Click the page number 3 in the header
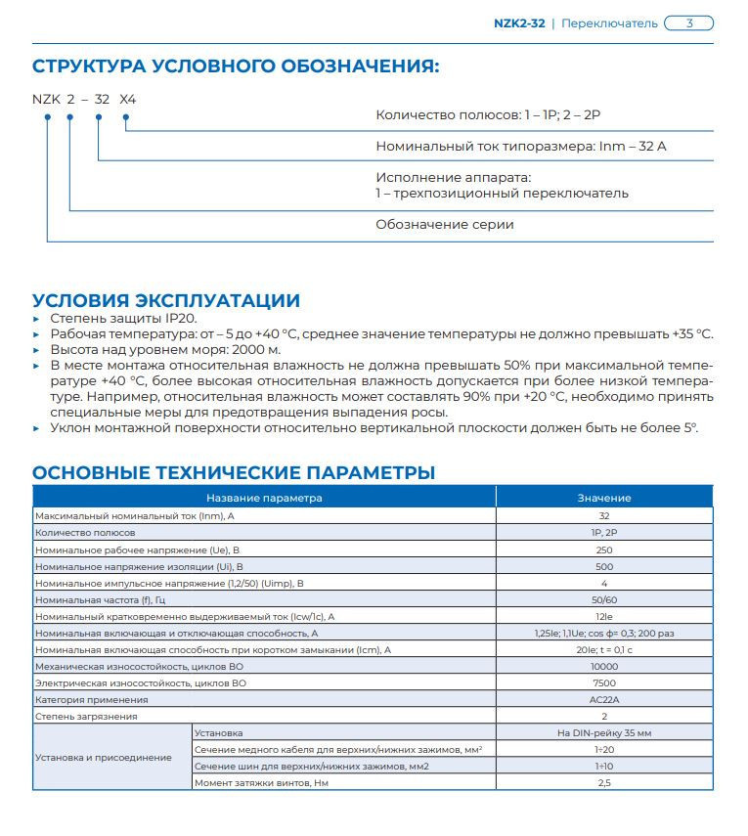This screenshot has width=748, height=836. coord(688,23)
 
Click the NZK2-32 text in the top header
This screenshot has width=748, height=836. coord(519,23)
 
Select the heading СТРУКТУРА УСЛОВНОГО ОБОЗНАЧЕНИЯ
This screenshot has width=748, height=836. coord(236,66)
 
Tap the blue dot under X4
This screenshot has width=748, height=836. coord(125,118)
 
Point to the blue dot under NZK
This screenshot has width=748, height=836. coord(47,118)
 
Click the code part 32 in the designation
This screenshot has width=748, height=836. coord(102,100)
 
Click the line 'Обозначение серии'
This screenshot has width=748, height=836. coord(445,224)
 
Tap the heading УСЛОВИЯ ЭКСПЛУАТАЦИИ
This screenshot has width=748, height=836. coord(166,300)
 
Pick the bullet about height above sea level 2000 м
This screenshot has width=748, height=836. coord(165,349)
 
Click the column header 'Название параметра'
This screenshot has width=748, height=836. coord(264,498)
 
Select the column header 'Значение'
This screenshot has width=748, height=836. coord(603,498)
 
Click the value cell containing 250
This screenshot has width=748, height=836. coord(603,550)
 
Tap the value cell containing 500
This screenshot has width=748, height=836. coord(603,566)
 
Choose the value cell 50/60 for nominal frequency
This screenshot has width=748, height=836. coord(603,599)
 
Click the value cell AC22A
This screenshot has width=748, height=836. coord(603,699)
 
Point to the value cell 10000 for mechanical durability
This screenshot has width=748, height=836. coord(603,666)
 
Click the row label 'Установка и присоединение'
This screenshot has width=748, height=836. coord(104,757)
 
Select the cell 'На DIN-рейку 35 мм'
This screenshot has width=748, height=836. coord(603,732)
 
